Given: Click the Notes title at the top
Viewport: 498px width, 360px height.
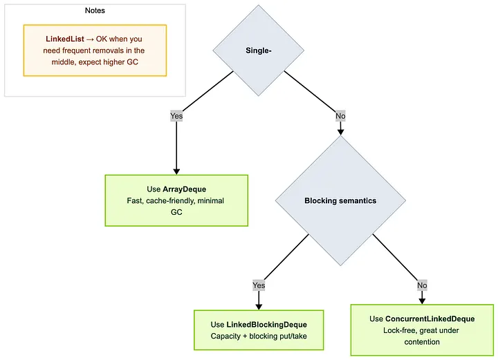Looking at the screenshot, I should pos(95,11).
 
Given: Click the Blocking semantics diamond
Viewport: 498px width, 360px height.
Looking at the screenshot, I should pos(340,201).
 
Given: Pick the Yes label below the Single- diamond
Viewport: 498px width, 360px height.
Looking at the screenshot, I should pos(176,116).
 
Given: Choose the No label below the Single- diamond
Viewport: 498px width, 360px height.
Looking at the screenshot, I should pos(340,116).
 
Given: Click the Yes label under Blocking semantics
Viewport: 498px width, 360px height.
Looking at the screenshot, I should pos(259,285).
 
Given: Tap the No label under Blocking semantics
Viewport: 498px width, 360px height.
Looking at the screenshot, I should pos(422,285).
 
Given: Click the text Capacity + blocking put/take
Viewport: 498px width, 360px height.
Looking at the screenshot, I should pos(259,337).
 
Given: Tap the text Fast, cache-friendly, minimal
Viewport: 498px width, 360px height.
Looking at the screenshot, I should pos(176,200).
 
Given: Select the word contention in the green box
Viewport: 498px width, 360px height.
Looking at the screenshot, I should pos(421,342).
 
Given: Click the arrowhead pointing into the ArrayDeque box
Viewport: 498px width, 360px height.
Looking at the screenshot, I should pos(176,171).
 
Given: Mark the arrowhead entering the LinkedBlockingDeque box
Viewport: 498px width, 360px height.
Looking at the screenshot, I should pos(259,306).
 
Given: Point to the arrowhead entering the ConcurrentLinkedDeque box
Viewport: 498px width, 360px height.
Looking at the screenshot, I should pos(422,301).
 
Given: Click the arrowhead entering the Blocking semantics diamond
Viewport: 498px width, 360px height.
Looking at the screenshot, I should pos(340,131).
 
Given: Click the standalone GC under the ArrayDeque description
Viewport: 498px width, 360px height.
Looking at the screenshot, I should pos(176,212).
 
